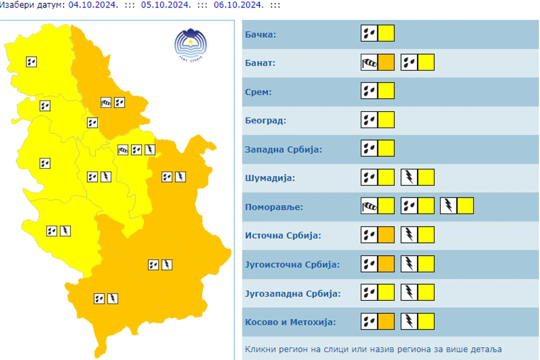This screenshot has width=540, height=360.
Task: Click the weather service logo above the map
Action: pyautogui.click(x=190, y=45)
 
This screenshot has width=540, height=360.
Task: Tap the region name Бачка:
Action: pyautogui.click(x=260, y=34)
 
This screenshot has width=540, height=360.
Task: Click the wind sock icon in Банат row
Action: pyautogui.click(x=369, y=62)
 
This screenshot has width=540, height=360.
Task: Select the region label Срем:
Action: pyautogui.click(x=258, y=92)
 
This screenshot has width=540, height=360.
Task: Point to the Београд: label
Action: pyautogui.click(x=265, y=121)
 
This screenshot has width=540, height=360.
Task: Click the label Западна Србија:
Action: pyautogui.click(x=283, y=149)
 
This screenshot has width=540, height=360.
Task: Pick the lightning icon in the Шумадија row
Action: pyautogui.click(x=409, y=177)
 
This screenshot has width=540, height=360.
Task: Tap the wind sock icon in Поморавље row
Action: pyautogui.click(x=369, y=206)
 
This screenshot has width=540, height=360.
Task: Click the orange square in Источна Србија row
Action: pyautogui.click(x=386, y=234)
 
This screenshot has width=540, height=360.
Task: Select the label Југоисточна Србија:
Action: pyautogui.click(x=292, y=264)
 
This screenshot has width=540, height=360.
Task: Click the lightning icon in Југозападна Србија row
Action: pyautogui.click(x=409, y=292)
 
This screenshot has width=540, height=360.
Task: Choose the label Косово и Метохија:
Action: pyautogui.click(x=290, y=322)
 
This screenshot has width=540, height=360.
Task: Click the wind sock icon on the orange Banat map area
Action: pyautogui.click(x=106, y=103)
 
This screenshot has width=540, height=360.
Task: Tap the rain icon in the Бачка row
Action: pyautogui.click(x=369, y=33)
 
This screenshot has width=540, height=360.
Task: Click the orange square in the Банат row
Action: pyautogui.click(x=386, y=62)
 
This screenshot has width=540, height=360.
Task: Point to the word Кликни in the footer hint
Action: pyautogui.click(x=259, y=349)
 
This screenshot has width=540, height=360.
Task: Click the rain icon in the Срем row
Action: pyautogui.click(x=369, y=91)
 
